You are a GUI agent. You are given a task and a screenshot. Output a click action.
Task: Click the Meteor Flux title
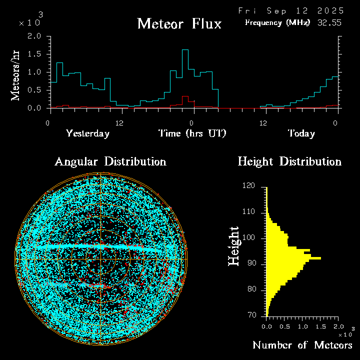[179, 23]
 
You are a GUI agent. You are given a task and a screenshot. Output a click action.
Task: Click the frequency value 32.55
[330, 22]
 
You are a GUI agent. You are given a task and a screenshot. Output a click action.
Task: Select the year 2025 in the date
[331, 10]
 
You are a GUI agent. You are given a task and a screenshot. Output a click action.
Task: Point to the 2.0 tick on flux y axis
[34, 36]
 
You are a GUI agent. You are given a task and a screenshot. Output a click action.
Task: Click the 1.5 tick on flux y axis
[34, 54]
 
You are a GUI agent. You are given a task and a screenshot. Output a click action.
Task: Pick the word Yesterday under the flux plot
[87, 133]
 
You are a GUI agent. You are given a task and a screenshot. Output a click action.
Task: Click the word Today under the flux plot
[301, 133]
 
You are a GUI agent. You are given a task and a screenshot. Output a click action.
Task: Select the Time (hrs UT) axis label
[192, 133]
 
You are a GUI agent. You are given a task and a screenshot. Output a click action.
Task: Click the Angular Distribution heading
[110, 161]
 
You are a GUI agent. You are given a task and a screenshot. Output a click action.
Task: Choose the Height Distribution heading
[289, 161]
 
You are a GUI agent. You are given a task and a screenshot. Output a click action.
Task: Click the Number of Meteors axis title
[302, 345]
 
